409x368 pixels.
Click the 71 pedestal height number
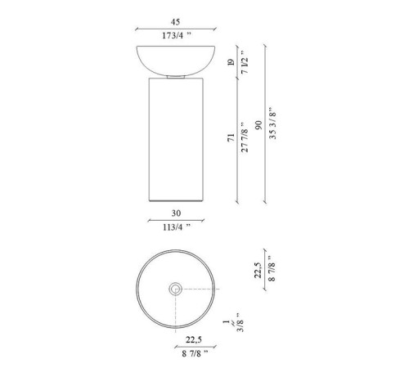tap(232, 138)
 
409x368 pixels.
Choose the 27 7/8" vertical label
tap(245, 138)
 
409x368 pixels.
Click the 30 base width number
tap(175, 211)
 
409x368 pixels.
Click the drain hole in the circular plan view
tap(176, 289)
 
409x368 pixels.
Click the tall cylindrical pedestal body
tap(176, 139)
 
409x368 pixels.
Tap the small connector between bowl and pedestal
tap(176, 76)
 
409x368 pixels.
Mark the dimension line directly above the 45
tap(176, 29)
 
